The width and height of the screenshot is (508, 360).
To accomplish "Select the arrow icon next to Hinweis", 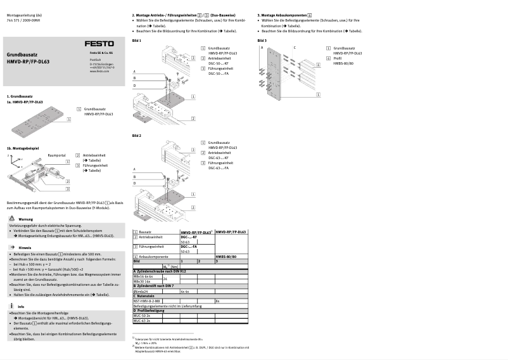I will click(11, 247).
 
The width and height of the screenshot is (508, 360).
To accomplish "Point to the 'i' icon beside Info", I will click(11, 306).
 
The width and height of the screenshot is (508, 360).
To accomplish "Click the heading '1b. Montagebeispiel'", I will click(23, 148).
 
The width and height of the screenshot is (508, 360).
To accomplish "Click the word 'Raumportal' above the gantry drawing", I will click(57, 155).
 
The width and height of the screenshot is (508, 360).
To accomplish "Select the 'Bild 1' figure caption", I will click(137, 41).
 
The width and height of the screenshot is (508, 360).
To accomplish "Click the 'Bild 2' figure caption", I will click(137, 136).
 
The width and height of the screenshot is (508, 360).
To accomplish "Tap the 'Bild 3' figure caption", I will click(262, 41).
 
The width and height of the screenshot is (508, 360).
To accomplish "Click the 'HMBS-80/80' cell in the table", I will click(226, 256).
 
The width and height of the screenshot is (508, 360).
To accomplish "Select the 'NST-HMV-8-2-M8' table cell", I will click(147, 301).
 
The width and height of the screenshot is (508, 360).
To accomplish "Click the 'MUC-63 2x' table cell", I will click(141, 321).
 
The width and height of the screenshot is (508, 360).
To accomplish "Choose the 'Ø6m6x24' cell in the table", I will click(141, 291).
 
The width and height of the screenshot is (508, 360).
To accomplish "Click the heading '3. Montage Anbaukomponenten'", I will click(284, 14).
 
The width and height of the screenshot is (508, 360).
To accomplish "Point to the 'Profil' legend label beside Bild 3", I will click(338, 58).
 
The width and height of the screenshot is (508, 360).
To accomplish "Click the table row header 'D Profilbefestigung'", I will click(149, 311).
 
